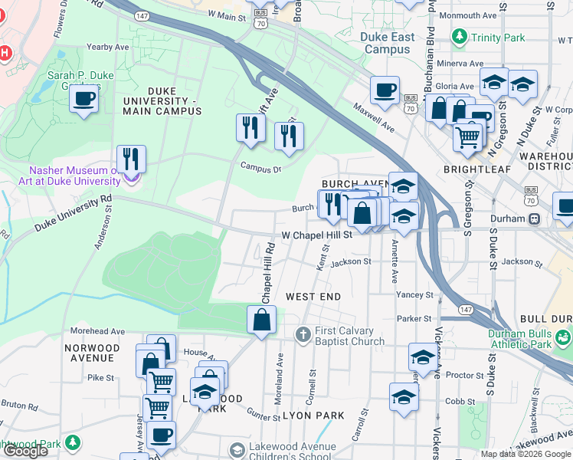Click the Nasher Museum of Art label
74,176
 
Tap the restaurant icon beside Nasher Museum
132,159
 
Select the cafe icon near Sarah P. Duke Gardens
83,98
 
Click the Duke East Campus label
388,43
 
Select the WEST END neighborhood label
313,296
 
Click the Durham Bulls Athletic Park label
530,339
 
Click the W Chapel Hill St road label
316,235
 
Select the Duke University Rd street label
73,214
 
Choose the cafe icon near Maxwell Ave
385,90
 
